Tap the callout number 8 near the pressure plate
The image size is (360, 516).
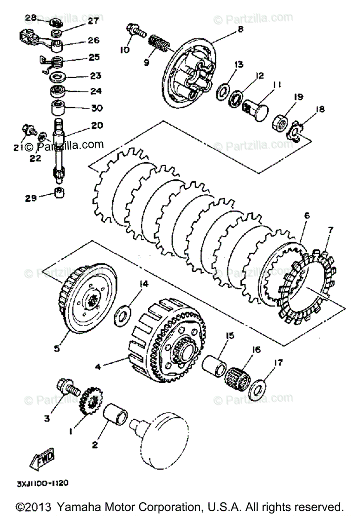pos(240,29)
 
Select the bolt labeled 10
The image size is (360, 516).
pos(134,31)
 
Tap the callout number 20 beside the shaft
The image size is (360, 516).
pos(97,126)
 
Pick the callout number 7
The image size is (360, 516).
pos(330,230)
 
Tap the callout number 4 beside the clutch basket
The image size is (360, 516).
pos(98,367)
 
